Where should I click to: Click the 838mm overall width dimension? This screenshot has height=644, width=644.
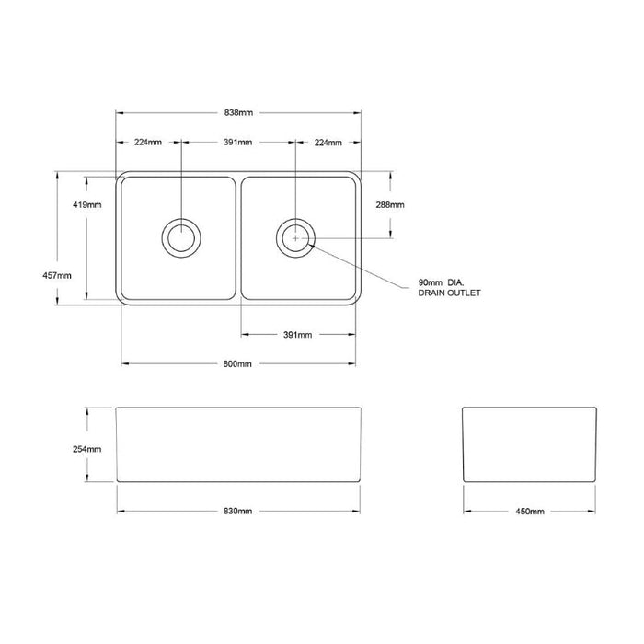[x=238, y=112]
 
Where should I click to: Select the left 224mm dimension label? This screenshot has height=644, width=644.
[x=148, y=142]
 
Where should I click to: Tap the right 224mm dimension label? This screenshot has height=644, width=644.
[x=328, y=142]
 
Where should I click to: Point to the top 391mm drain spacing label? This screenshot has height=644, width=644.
[x=237, y=142]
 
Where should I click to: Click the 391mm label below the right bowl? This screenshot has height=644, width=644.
[x=297, y=335]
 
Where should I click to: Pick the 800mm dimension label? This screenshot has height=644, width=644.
[x=237, y=364]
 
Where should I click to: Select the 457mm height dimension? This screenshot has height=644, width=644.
[x=57, y=276]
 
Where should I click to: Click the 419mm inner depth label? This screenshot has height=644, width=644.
[x=87, y=204]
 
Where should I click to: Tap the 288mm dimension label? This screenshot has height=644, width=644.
[x=390, y=204]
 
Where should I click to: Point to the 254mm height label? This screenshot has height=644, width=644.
[x=87, y=449]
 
